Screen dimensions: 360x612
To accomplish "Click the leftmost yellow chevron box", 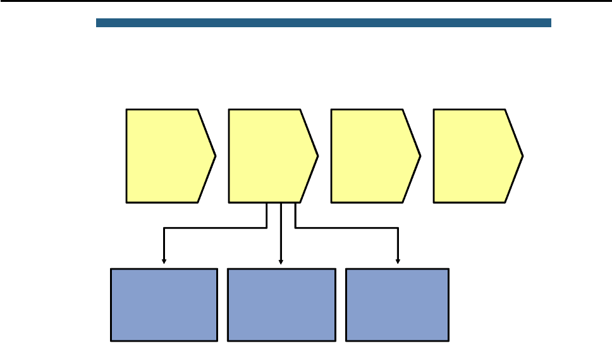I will pos(167,156).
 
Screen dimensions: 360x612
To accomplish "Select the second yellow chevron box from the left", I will pos(269,156).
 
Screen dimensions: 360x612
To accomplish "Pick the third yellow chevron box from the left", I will pos(372,156).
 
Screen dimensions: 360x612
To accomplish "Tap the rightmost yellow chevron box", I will pos(474,156).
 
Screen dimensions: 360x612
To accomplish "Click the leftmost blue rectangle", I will pos(164,305).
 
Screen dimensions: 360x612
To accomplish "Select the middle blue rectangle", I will pos(281,305).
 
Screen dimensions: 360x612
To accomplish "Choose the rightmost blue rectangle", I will pos(398,305).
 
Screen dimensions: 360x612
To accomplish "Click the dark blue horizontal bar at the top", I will pos(324,23).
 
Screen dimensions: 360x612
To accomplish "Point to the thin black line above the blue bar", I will pos(306,1).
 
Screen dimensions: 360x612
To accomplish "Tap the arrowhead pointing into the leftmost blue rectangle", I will pos(164,261).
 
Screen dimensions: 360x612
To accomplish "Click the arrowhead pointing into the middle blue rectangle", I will pos(281,261).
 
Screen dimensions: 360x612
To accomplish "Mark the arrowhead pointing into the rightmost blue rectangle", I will pos(398,261).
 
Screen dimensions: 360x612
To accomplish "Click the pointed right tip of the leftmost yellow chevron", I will pos(215,156).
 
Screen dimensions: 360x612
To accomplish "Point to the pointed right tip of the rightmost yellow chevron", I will pos(522,156).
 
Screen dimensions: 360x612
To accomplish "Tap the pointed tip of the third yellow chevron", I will pos(419,156).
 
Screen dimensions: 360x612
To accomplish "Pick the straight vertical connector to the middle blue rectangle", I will pos(281,234).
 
